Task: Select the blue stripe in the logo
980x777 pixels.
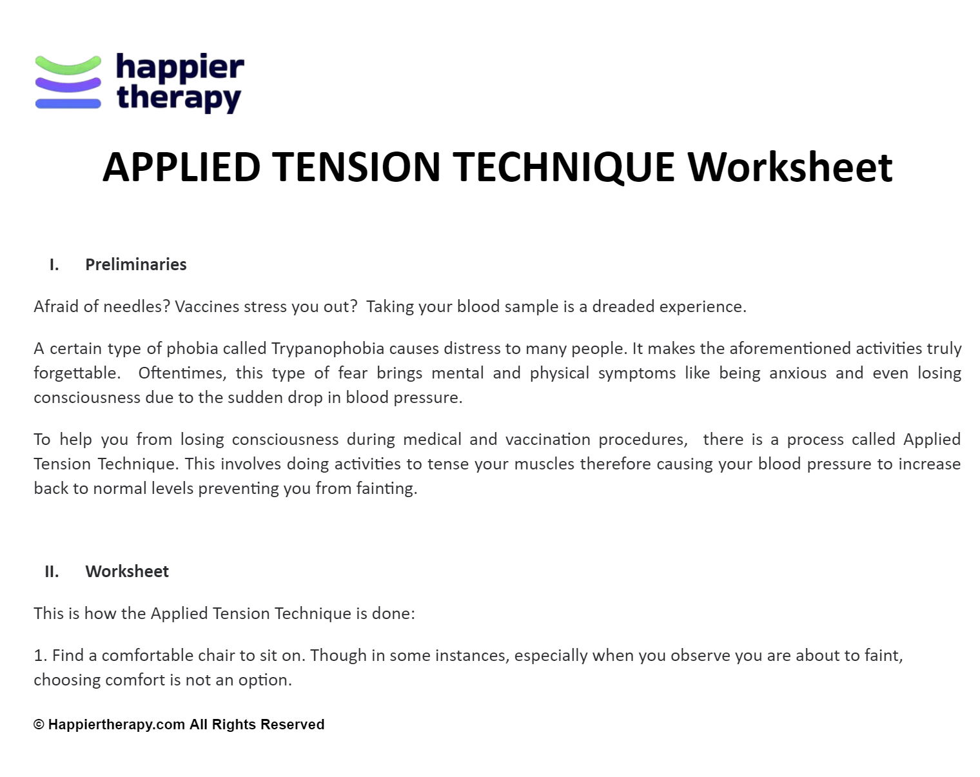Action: point(68,103)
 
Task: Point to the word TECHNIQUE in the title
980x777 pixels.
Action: point(563,167)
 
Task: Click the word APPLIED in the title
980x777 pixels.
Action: point(181,167)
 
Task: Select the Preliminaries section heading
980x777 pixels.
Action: point(135,264)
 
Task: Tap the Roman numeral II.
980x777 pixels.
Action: point(52,571)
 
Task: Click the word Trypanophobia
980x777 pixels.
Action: point(328,349)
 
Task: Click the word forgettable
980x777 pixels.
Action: point(77,373)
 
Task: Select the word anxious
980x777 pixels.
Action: point(798,373)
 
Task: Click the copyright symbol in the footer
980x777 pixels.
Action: point(39,725)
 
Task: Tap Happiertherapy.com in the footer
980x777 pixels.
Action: point(117,725)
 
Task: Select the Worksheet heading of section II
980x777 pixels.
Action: point(127,571)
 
